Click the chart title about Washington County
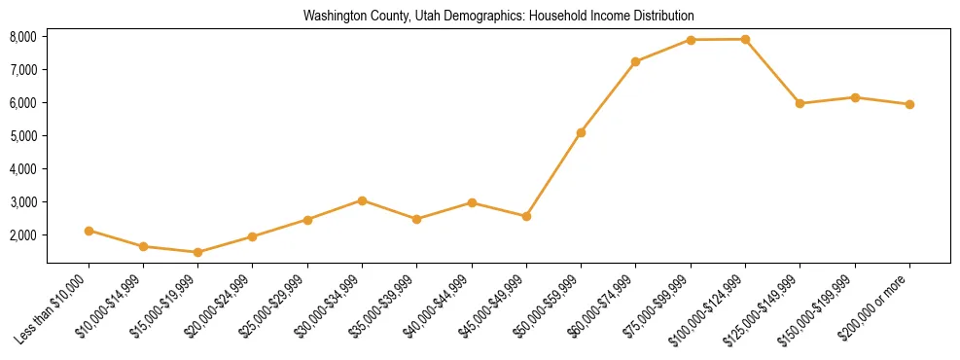click(498, 17)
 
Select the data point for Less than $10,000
click(89, 231)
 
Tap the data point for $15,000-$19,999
click(197, 252)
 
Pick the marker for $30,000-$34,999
click(362, 200)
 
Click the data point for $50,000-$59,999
click(581, 132)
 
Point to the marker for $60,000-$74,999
click(635, 61)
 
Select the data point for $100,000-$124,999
click(745, 39)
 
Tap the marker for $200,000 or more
click(909, 104)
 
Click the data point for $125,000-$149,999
click(800, 103)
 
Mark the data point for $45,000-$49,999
click(526, 216)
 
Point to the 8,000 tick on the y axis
click(22, 37)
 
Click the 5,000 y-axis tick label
click(22, 136)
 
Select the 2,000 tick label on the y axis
click(22, 235)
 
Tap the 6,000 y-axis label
click(22, 103)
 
